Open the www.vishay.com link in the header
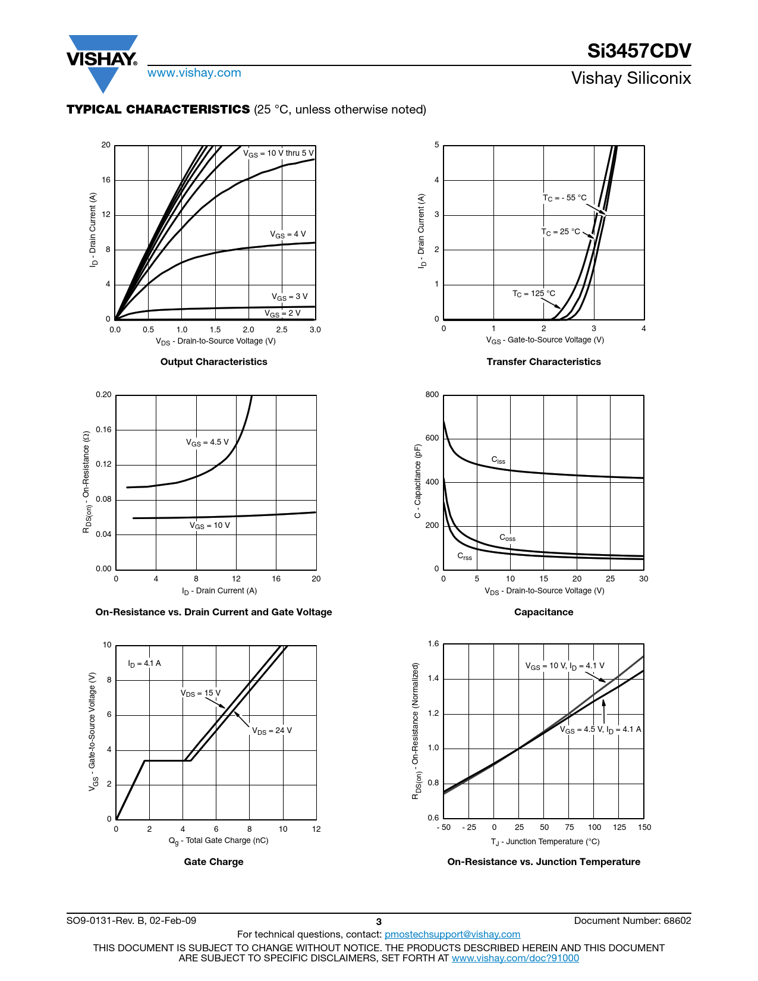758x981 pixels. [194, 73]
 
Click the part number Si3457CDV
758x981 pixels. [639, 51]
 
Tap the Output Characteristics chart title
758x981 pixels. [214, 361]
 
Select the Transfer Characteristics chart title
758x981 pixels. [543, 361]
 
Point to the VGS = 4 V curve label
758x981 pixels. [288, 234]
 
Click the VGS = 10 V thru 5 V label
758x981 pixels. [278, 153]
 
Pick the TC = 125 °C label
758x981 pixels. [534, 294]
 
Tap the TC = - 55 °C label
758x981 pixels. [564, 198]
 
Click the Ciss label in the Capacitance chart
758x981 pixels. [498, 460]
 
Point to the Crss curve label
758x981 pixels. [464, 556]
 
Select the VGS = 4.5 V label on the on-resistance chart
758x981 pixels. [207, 442]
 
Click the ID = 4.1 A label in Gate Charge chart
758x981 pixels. [144, 664]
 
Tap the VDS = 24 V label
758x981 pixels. [272, 731]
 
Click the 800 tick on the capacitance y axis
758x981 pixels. [432, 395]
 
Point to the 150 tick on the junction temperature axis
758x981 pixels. [644, 827]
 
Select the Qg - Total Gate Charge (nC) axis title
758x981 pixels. [218, 841]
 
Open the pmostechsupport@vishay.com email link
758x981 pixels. [452, 934]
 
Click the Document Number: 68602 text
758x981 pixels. [633, 920]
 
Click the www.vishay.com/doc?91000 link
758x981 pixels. [515, 958]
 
